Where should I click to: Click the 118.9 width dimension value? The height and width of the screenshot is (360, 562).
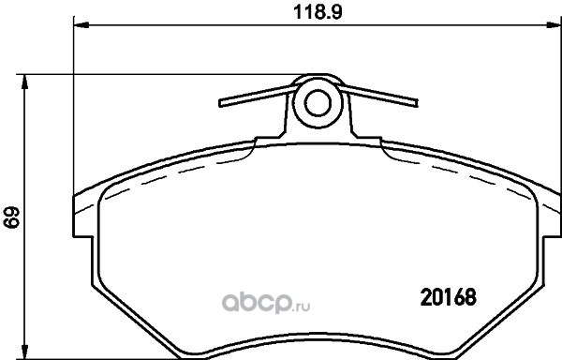tap(318, 12)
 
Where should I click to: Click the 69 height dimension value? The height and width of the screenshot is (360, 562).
tap(11, 217)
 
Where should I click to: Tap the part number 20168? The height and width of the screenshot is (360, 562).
tap(448, 297)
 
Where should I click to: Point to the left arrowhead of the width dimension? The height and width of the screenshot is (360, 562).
tap(81, 24)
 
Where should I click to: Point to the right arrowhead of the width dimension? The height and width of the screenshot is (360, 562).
tap(554, 24)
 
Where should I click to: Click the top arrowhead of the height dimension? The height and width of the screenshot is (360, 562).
tap(24, 82)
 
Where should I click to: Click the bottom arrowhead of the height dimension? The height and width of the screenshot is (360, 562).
tap(24, 352)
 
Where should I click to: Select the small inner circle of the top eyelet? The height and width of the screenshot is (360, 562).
tap(318, 103)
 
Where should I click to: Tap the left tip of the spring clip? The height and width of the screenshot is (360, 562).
tap(221, 103)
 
